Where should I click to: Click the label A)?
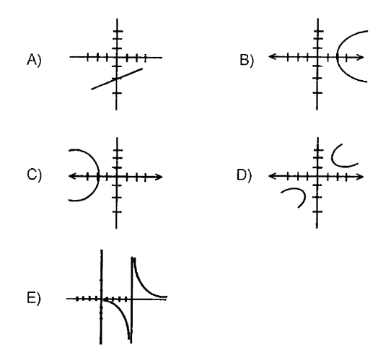click(34, 60)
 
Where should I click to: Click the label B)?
click(247, 60)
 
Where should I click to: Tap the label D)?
click(244, 175)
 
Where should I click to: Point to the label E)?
click(33, 298)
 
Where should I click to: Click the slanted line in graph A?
click(117, 79)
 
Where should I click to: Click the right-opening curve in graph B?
click(337, 57)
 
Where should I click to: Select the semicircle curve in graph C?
click(99, 175)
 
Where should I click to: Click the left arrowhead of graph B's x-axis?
click(272, 56)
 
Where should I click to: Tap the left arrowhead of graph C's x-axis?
click(72, 176)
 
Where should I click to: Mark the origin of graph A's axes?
click(117, 57)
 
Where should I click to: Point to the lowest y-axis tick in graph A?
click(117, 93)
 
